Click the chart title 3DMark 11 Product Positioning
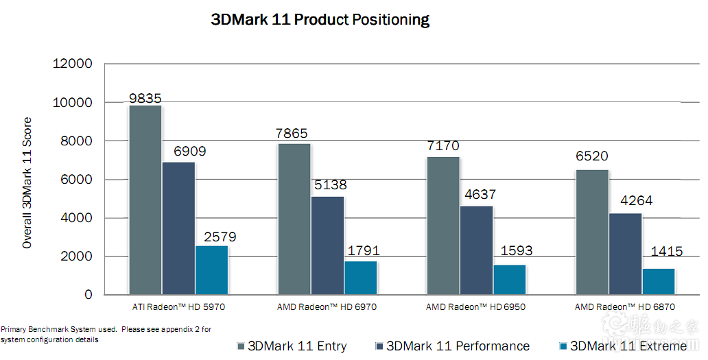click(320, 20)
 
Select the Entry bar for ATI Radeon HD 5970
click(145, 200)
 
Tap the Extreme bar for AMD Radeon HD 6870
click(659, 282)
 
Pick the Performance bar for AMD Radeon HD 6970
click(327, 245)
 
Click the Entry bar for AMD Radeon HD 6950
click(443, 226)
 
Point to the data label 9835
click(145, 98)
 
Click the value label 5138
click(331, 184)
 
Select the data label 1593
click(517, 250)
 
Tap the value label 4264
click(637, 200)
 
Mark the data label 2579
click(220, 237)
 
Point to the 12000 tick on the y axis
click(72, 64)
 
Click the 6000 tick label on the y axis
click(76, 179)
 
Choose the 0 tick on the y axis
click(88, 295)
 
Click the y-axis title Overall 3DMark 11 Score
click(27, 182)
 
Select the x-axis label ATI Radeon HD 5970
click(178, 307)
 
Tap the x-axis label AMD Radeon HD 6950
click(475, 307)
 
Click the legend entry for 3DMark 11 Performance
click(453, 346)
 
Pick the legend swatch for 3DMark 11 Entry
click(240, 346)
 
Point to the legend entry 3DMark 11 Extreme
click(623, 346)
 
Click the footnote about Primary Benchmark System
click(106, 335)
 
